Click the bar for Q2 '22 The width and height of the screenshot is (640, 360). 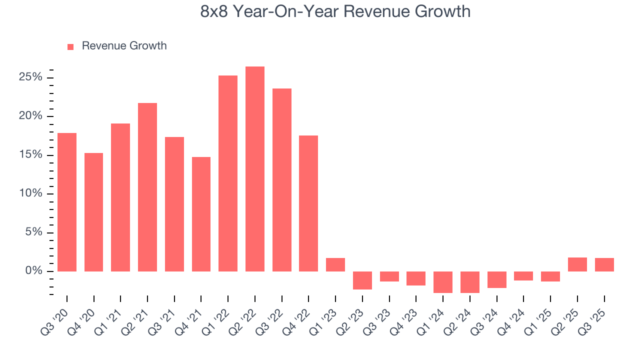254,169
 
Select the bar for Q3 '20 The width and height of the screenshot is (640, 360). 67,202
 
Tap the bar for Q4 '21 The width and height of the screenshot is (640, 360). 201,214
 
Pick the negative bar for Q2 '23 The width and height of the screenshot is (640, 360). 362,280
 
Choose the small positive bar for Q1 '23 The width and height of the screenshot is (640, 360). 335,265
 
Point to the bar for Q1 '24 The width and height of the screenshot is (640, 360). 442,282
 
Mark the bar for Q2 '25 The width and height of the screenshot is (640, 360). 577,264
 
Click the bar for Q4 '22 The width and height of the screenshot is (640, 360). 308,203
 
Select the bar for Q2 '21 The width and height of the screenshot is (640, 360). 147,187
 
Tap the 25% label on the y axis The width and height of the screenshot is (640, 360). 30,77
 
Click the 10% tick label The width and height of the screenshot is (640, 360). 30,194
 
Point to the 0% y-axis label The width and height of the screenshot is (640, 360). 33,271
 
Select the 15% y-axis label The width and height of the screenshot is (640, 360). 30,155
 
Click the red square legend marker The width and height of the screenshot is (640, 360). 70,46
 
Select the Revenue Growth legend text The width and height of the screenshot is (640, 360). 124,46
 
